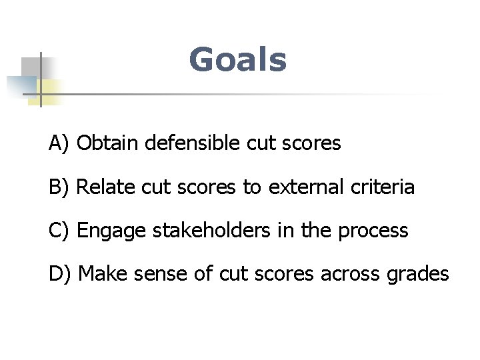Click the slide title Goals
tap(238, 59)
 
